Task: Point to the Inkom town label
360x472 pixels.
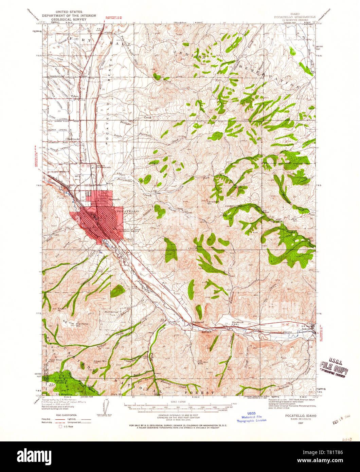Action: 307,329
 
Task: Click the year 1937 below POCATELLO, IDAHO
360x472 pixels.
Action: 299,423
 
